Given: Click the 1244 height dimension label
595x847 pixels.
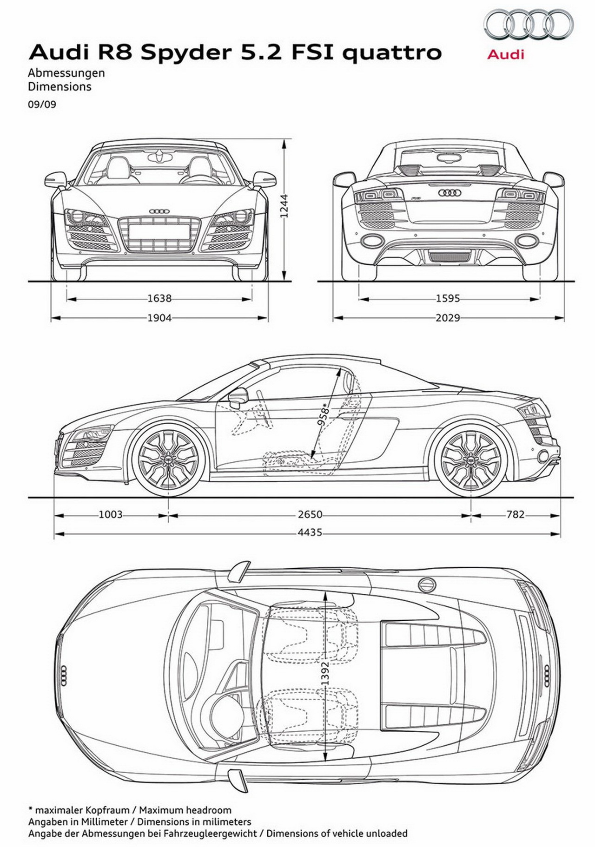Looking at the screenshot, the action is [284, 205].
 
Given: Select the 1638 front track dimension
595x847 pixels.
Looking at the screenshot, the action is [159, 298].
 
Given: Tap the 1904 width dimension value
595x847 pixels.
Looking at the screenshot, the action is [159, 318].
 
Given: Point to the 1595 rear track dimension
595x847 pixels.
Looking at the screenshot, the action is [448, 298].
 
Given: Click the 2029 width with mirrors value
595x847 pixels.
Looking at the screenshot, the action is [448, 318].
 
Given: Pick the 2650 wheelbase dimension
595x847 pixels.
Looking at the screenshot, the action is [310, 514].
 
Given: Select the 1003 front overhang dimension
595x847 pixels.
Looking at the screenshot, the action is [111, 514].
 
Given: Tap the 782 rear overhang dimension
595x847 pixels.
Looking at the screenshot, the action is [516, 514].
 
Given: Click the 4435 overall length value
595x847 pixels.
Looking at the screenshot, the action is [310, 532].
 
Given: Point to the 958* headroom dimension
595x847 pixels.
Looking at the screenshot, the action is [324, 414].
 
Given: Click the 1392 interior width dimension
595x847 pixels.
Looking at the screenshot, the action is [325, 673].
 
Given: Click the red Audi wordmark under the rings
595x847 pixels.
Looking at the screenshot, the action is [506, 54].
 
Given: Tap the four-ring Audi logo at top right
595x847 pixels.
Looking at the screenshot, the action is [529, 26].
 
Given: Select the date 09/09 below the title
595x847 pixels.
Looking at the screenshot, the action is [42, 104].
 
